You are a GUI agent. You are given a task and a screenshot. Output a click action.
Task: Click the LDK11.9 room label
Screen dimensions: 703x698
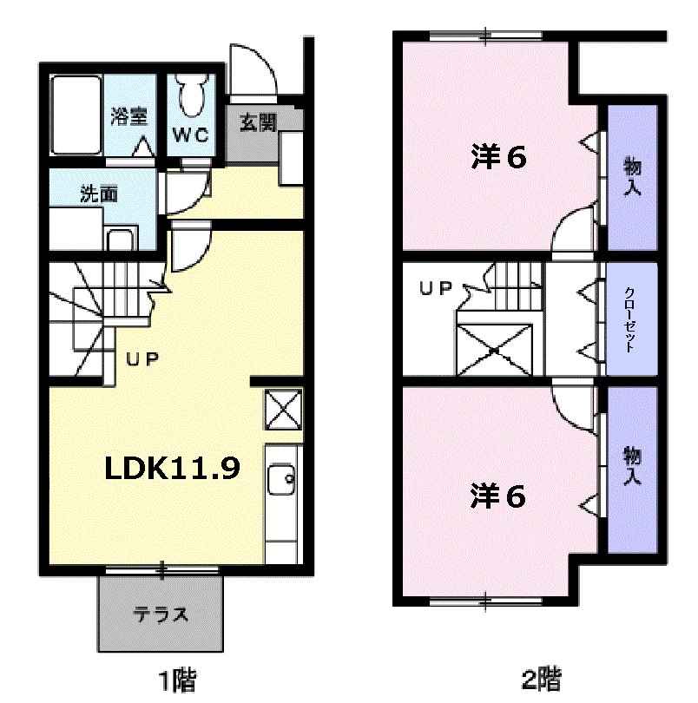pos(172,469)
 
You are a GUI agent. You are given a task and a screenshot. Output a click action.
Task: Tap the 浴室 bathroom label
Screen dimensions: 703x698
pos(128,117)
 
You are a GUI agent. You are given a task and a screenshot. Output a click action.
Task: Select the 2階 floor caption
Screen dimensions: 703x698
pos(541,678)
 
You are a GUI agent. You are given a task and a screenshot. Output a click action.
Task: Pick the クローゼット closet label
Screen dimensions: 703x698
pos(630,319)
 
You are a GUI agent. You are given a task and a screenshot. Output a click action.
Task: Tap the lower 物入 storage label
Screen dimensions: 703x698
pos(631,466)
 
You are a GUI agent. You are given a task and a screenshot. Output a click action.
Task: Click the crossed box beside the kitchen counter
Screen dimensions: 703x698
pos(284,410)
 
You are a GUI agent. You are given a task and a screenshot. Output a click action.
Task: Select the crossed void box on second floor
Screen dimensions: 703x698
pos(495,350)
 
